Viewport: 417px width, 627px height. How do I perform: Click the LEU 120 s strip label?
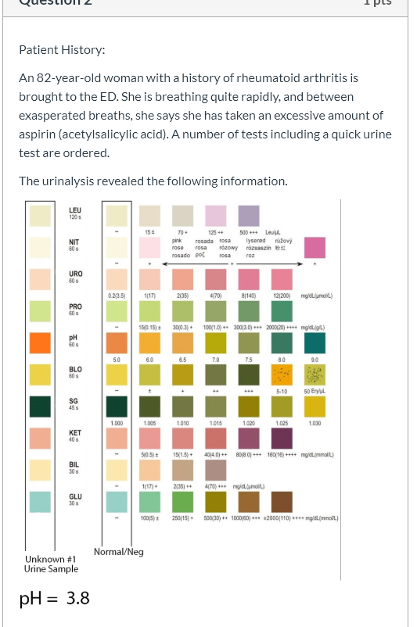[75, 213]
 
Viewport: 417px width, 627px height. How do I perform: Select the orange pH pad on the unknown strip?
[40, 342]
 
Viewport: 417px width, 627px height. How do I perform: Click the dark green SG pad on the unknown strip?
[40, 407]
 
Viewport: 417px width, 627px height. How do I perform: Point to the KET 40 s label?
[75, 435]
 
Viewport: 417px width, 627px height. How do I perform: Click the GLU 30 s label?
[75, 500]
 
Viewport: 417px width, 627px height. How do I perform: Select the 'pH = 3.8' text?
[55, 598]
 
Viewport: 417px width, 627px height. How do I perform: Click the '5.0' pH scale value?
[117, 360]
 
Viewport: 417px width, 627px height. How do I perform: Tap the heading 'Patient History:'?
[62, 50]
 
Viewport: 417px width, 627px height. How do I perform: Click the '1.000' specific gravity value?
[117, 423]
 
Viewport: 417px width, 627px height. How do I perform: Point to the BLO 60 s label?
[75, 371]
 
